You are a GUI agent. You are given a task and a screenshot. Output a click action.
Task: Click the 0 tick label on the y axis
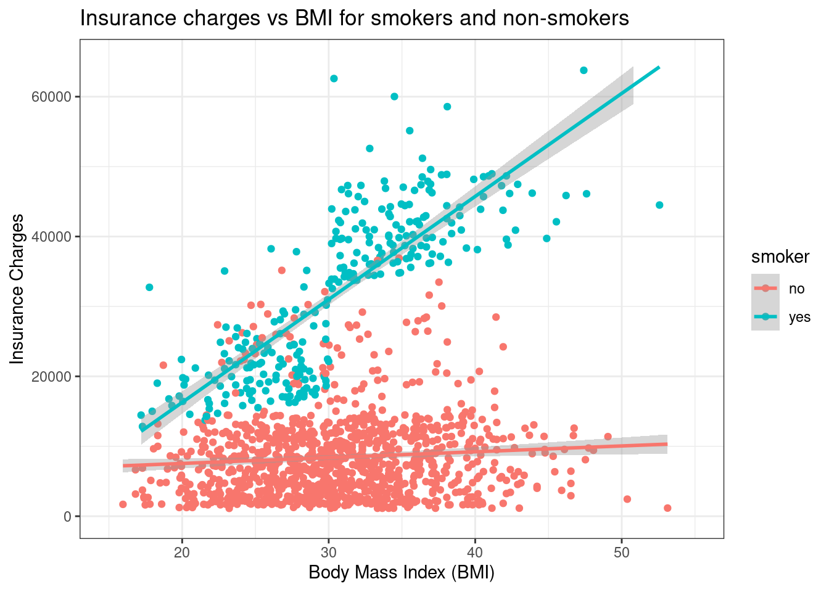click(68, 517)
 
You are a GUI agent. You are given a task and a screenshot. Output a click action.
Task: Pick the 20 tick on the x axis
click(182, 551)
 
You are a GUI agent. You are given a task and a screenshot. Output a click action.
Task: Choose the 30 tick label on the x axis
click(328, 551)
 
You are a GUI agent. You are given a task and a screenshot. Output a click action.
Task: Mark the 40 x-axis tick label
click(475, 551)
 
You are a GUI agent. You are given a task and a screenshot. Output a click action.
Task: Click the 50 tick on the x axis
click(622, 551)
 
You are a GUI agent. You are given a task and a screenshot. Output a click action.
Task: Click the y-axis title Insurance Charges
click(18, 289)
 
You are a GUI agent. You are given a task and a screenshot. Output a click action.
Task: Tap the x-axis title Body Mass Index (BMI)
click(402, 573)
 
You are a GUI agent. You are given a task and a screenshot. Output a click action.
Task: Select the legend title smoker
click(780, 257)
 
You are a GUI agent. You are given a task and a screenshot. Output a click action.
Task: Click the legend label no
click(796, 289)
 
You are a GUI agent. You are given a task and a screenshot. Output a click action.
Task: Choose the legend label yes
click(799, 318)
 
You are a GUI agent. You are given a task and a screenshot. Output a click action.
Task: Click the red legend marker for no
click(765, 288)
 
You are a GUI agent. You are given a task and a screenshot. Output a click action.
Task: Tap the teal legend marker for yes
click(765, 317)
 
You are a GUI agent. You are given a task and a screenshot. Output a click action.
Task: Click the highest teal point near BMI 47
click(584, 70)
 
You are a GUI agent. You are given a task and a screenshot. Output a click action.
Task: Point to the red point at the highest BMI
click(667, 508)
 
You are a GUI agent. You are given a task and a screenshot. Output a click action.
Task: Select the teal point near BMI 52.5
click(659, 205)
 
